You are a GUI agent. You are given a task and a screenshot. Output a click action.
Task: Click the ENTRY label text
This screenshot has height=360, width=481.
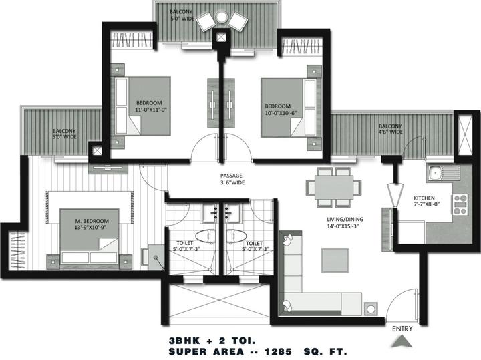tap(402, 329)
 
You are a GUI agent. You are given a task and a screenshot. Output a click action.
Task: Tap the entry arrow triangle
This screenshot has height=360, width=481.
tap(402, 341)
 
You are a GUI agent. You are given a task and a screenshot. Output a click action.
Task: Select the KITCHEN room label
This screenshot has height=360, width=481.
tap(424, 198)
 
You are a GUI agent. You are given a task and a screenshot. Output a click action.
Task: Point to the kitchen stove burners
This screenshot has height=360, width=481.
tap(460, 204)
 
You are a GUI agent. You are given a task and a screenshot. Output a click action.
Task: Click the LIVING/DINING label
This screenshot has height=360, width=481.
tap(345, 219)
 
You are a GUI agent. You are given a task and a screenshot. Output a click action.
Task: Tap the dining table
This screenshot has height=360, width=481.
tap(334, 187)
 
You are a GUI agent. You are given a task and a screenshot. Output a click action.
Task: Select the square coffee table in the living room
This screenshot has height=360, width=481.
tap(335, 260)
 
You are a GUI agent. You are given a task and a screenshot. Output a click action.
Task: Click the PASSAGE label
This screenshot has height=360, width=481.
tap(231, 176)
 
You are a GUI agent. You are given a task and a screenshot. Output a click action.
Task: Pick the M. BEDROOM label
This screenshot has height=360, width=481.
tap(92, 221)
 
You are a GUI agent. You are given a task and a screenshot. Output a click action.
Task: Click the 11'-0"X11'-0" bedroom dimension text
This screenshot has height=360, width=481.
tap(150, 110)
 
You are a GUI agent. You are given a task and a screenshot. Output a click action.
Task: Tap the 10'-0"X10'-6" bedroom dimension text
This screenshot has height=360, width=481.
tap(281, 113)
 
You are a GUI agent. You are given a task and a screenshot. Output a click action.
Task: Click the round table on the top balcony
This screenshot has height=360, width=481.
tap(221, 17)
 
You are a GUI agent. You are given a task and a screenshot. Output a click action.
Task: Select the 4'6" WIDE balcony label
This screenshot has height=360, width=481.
tap(390, 132)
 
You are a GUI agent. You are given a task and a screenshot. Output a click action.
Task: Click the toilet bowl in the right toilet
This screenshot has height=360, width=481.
tap(236, 236)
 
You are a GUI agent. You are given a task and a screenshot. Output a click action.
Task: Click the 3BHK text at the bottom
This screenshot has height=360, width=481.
tap(184, 341)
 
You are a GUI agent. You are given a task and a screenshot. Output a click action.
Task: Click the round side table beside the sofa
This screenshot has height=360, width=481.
tap(371, 309)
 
